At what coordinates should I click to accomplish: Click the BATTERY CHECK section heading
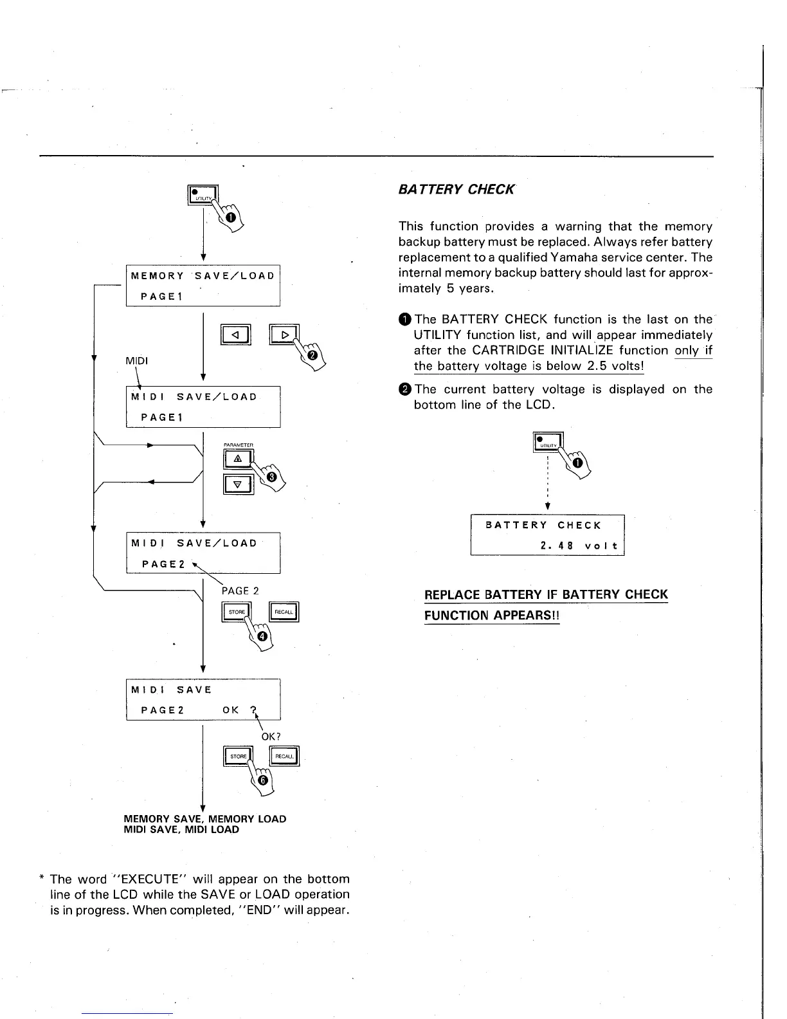coord(457,190)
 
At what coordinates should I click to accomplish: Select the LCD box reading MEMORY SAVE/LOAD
coord(203,286)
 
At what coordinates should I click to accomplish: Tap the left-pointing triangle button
coord(235,335)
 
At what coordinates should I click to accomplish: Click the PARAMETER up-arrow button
coord(238,459)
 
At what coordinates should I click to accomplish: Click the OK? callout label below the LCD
coord(271,736)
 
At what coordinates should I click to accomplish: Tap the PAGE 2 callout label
coord(240,591)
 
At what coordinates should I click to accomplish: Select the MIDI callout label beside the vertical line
coord(136,361)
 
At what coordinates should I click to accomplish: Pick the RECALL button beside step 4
coord(284,612)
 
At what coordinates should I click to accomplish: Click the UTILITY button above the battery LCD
coord(548,443)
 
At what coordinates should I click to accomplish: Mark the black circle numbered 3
coord(272,477)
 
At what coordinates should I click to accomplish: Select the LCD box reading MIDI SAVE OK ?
coord(203,700)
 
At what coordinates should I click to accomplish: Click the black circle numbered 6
coord(262,780)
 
